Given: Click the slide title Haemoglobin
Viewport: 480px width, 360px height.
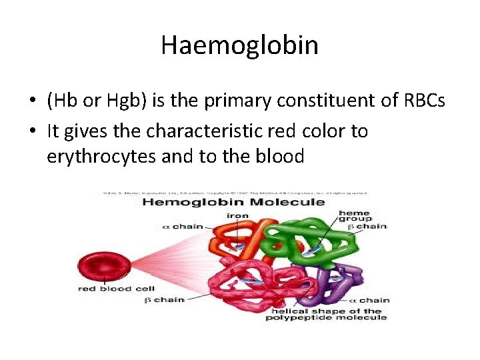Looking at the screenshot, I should pos(239,46).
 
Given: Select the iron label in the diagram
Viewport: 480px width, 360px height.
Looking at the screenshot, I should pos(237,215).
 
